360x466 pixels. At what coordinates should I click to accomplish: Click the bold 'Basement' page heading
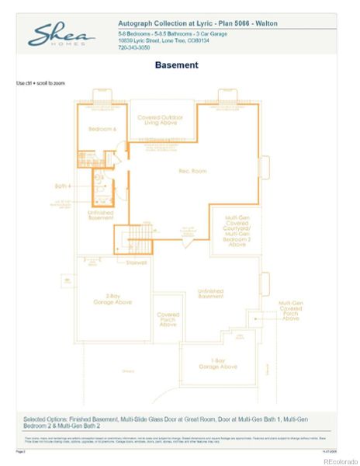tap(176, 65)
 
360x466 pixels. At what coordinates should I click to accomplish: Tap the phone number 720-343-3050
tap(135, 47)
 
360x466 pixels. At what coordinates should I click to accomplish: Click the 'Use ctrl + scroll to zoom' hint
tap(40, 82)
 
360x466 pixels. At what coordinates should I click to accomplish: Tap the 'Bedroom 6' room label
tap(102, 129)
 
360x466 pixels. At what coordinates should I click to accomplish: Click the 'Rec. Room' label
tap(170, 170)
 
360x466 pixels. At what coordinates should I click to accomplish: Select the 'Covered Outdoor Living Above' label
tap(161, 121)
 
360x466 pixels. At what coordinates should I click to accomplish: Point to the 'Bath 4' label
tap(62, 186)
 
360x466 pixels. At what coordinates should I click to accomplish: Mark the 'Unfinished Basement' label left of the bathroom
tap(100, 214)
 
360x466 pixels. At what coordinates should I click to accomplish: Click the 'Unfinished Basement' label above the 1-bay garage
tap(210, 293)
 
